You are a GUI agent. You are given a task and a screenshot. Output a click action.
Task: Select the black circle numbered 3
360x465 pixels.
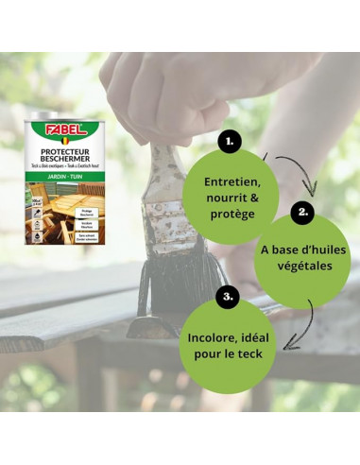click(228, 297)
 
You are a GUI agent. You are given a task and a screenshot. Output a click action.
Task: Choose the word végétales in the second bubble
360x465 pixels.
click(303, 267)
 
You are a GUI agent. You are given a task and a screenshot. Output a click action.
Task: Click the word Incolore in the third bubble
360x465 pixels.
click(210, 337)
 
